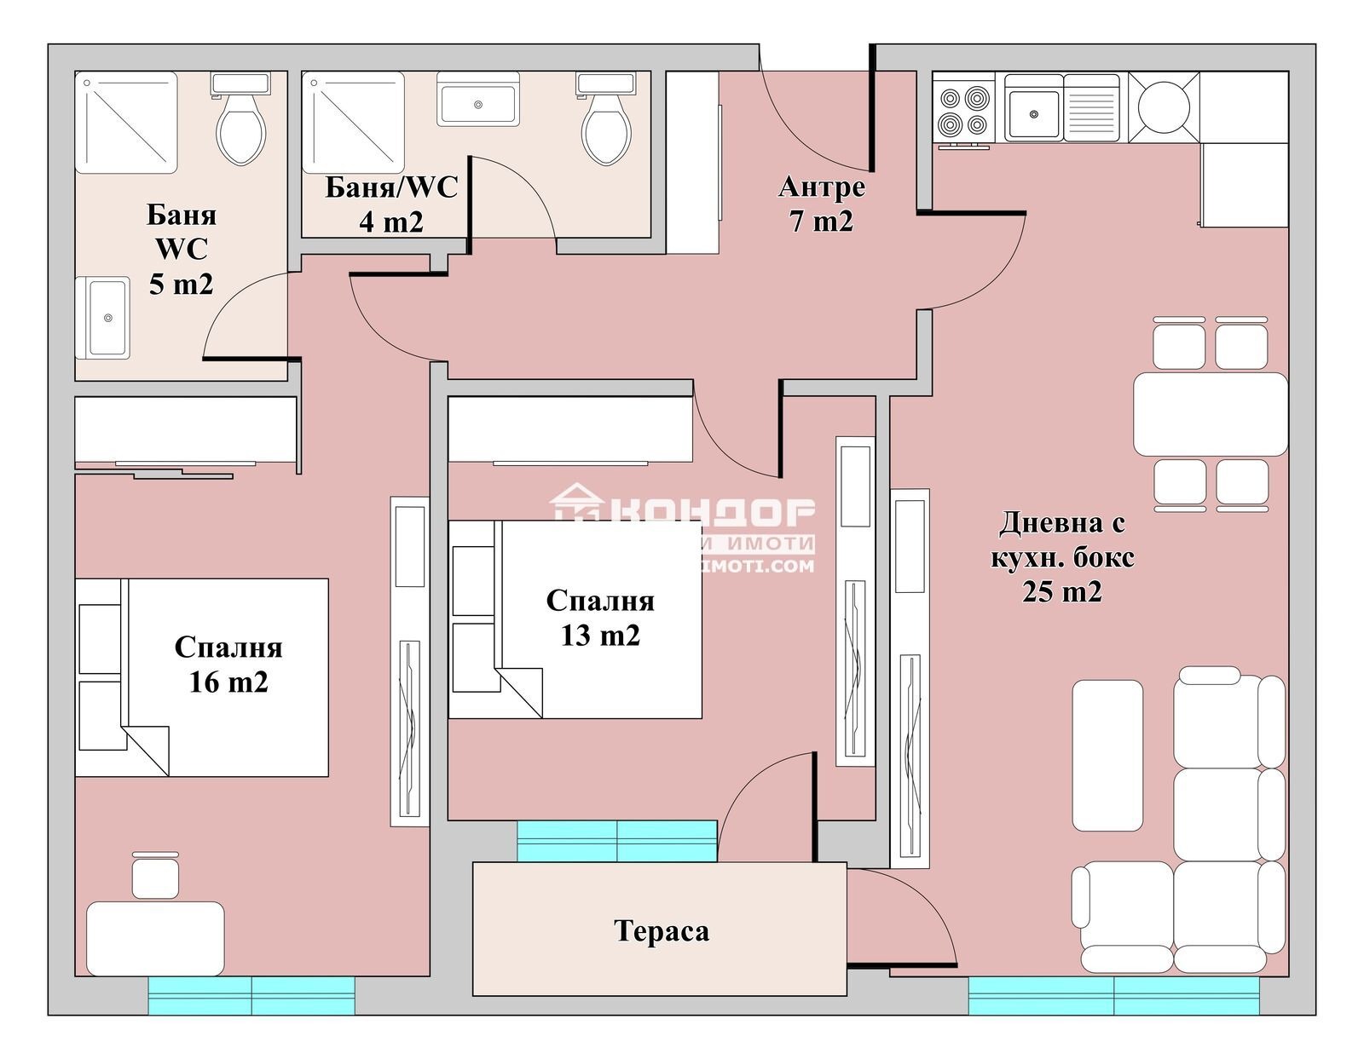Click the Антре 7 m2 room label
coord(821,203)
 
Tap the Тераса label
coord(661,931)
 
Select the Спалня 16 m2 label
coord(228,665)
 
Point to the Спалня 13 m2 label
coord(600,618)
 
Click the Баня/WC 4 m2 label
coord(390,204)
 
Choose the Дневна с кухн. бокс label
coord(1062,556)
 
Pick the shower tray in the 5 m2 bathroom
coord(126,122)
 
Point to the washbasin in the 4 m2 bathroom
coord(477,101)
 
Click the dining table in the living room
coord(1210,414)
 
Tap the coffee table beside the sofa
coord(1107,755)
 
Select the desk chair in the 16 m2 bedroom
coord(155,876)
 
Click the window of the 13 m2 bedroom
coord(616,841)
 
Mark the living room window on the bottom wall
coord(1113,995)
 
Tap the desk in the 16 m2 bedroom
coord(155,938)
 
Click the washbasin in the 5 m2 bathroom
coord(104,318)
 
